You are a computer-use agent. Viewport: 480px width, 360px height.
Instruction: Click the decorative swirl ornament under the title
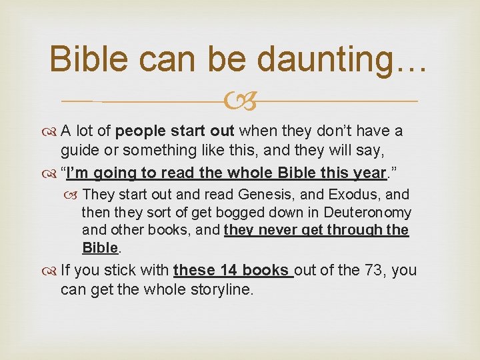tap(241, 101)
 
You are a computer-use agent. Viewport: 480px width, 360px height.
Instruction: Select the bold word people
tap(150, 131)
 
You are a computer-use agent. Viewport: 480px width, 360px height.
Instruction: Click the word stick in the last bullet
tap(117, 271)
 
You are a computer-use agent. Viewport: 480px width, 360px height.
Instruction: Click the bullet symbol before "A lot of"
tap(51, 131)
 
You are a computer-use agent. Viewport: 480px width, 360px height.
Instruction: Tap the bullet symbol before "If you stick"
tap(51, 271)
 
